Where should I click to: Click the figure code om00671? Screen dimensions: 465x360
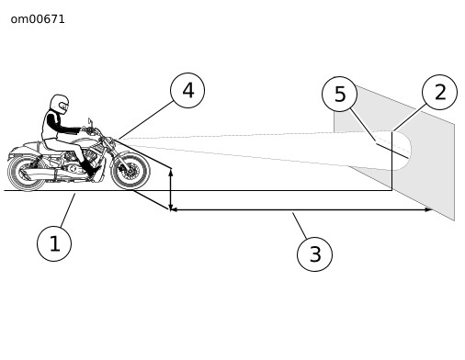(38, 19)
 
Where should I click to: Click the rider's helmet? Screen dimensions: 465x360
(59, 104)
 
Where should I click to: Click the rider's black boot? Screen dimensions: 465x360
(90, 169)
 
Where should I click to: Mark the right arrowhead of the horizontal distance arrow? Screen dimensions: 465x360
(428, 209)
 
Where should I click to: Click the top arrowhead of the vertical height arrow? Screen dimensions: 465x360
(171, 172)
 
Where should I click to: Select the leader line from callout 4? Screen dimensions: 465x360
(144, 120)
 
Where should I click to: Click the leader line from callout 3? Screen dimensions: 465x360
(300, 226)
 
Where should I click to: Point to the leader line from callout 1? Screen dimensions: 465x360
(68, 210)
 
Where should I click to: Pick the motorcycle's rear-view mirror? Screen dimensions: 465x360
(90, 122)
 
